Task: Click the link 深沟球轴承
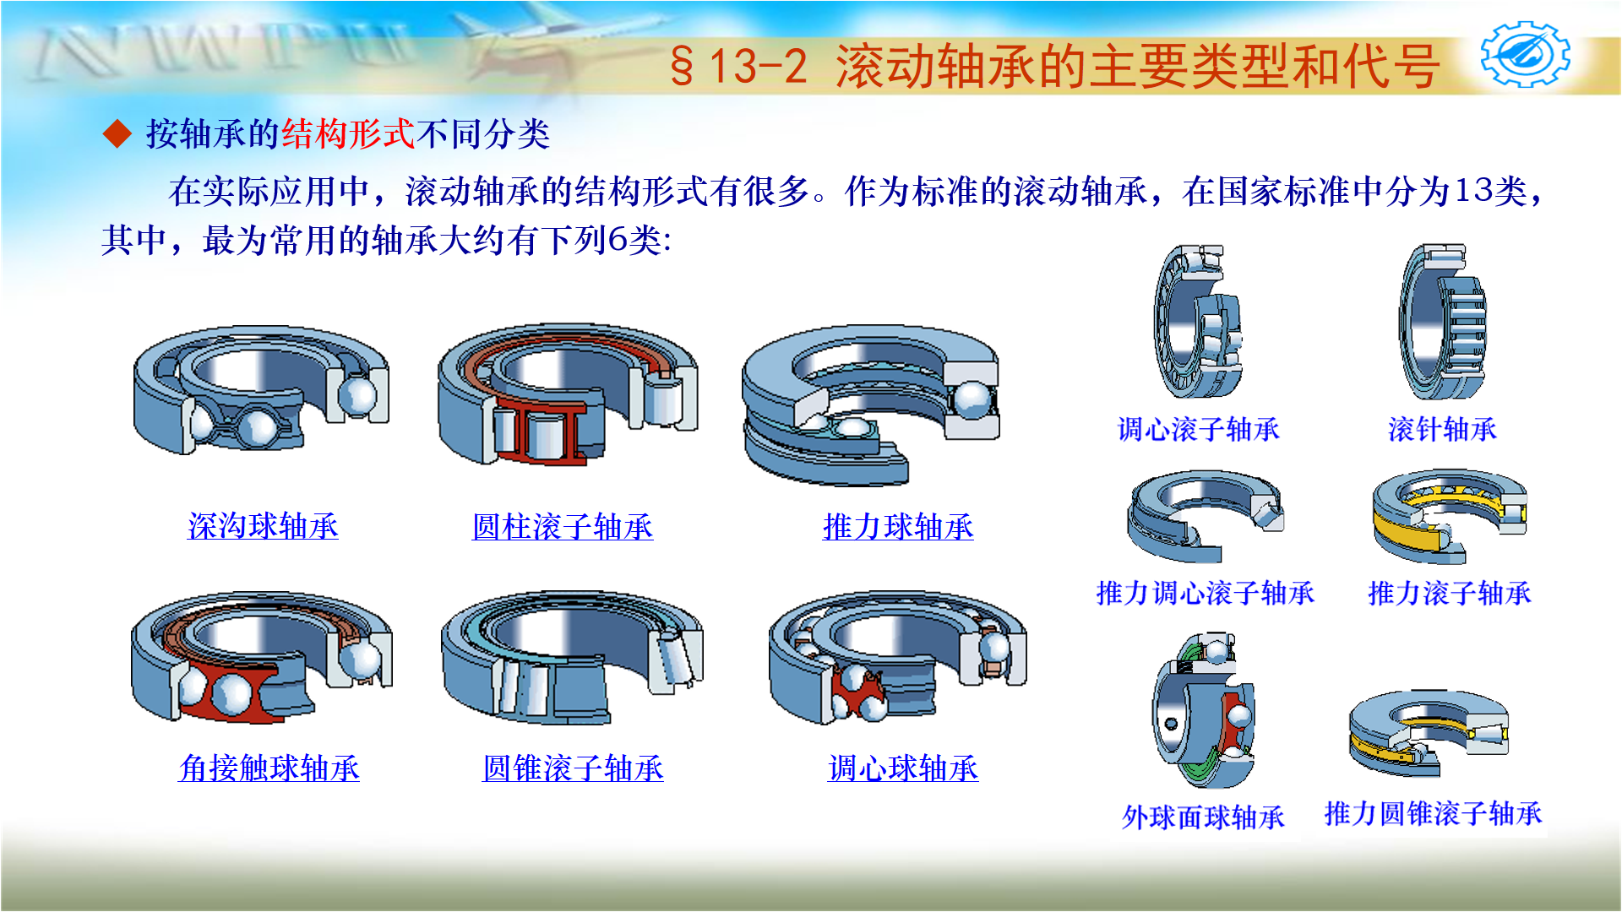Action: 263,527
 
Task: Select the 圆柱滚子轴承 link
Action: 563,527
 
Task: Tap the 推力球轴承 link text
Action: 898,527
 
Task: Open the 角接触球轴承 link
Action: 269,768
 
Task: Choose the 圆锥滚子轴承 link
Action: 573,768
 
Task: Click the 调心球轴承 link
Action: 903,768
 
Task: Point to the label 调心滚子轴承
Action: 1198,430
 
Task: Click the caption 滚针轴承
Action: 1442,430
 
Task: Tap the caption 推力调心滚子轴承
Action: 1205,593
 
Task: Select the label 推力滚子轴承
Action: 1449,593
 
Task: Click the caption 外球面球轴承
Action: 1203,817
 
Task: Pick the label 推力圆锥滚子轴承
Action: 1433,813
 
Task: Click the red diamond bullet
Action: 117,134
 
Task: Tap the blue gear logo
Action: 1525,56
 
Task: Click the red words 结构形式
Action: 348,134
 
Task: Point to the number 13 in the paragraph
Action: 1472,192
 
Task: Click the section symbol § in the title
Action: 682,66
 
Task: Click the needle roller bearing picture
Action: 1442,323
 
